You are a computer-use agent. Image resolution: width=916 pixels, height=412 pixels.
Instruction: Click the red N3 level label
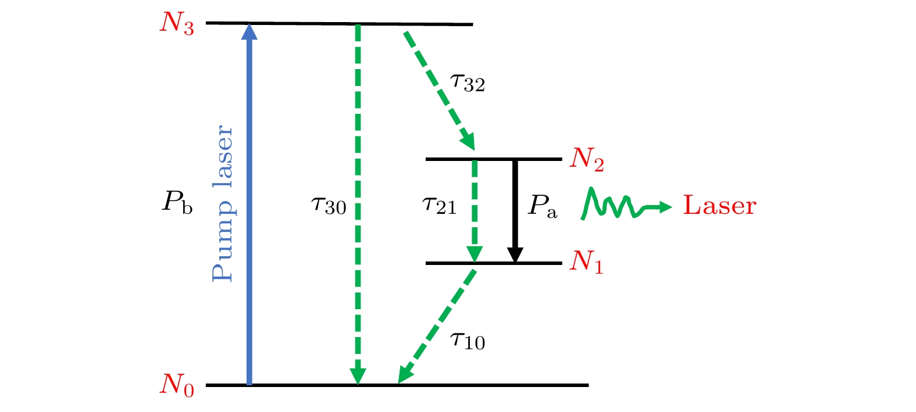click(177, 24)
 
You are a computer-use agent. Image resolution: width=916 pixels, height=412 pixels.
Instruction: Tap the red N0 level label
click(177, 385)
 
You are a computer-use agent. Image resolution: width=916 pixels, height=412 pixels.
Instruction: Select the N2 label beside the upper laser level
click(587, 159)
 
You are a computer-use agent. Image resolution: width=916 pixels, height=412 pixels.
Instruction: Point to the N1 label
click(586, 262)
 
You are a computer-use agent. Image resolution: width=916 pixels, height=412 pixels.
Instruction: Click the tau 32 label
click(468, 83)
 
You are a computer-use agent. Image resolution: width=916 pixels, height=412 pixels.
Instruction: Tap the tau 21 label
click(439, 205)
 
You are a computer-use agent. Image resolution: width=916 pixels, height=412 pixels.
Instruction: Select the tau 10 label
click(468, 341)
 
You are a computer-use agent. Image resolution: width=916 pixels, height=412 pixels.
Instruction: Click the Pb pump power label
click(177, 203)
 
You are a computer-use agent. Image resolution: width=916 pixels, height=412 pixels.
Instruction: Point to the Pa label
click(542, 206)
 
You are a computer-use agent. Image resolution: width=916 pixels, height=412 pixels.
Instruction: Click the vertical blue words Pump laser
click(222, 203)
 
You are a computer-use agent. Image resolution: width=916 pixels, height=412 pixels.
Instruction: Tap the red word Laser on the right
click(719, 206)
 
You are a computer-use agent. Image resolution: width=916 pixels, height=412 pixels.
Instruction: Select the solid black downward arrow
click(515, 209)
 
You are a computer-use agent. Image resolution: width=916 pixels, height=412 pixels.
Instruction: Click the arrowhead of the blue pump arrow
click(250, 31)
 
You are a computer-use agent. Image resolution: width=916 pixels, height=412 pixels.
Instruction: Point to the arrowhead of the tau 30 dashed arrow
click(358, 377)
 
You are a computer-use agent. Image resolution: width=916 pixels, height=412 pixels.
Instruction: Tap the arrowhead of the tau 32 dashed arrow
click(468, 142)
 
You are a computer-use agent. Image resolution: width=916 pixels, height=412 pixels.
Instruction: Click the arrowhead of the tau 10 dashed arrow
click(404, 375)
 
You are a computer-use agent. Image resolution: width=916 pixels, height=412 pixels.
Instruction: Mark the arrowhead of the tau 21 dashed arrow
click(475, 255)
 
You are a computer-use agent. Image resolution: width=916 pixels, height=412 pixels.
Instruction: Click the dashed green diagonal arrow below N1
click(439, 323)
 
